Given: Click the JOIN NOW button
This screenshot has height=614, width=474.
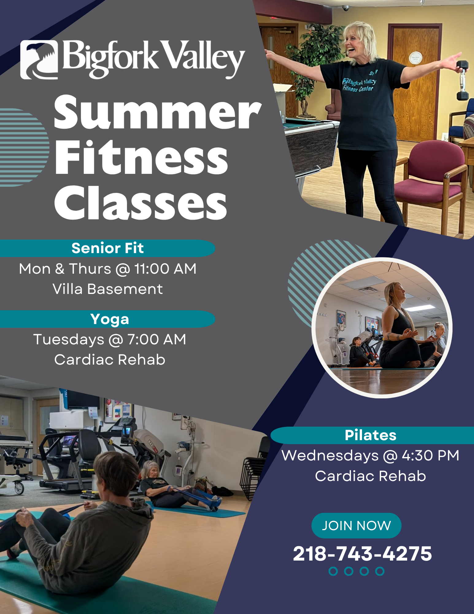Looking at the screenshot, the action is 356,526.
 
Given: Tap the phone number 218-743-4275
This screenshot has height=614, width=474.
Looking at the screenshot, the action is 362,553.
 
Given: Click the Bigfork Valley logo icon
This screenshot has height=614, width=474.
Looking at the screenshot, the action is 39,60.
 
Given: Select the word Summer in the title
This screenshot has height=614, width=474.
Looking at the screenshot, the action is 158,112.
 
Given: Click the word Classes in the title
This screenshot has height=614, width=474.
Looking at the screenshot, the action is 141,203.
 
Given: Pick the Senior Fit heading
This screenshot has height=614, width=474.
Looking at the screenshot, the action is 107,248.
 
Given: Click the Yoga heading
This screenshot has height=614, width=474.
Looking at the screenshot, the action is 110,319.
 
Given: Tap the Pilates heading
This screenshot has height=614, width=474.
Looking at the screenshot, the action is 370,435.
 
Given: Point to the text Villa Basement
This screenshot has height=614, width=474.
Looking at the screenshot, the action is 107,289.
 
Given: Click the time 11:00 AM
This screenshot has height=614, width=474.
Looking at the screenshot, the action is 165,269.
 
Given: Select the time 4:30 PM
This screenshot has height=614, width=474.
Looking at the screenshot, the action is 430,456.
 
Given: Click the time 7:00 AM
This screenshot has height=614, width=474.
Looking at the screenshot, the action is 156,339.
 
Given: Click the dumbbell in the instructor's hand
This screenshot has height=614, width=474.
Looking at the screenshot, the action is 462,80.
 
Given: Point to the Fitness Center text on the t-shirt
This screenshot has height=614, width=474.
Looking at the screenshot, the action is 358,88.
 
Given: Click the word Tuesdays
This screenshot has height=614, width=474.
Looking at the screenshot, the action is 69,340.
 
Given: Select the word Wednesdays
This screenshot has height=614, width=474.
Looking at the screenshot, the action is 330,456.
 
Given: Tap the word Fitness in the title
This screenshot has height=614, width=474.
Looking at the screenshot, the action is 141,157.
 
